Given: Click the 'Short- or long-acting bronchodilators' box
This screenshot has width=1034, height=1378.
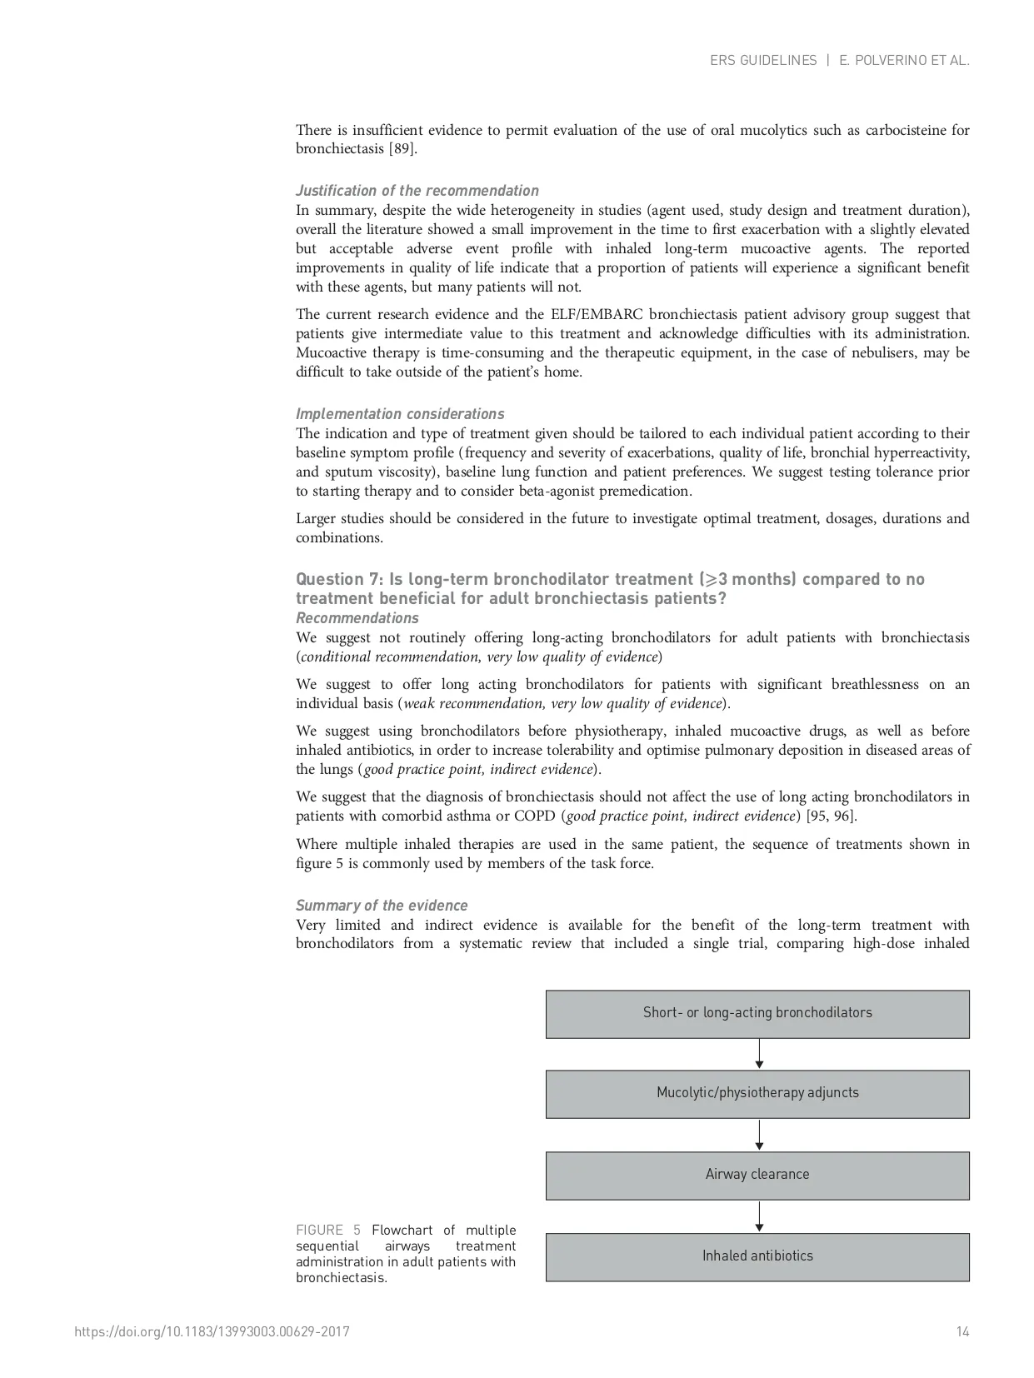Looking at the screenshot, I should pyautogui.click(x=757, y=1013).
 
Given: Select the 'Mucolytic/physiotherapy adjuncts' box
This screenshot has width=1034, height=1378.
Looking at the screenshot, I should pyautogui.click(x=757, y=1093).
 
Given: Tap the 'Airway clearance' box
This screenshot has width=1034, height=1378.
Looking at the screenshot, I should pyautogui.click(x=757, y=1175).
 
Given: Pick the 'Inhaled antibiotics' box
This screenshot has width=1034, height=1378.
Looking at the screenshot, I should pyautogui.click(x=757, y=1256).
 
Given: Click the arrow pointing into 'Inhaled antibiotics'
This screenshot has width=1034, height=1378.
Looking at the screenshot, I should pyautogui.click(x=759, y=1216).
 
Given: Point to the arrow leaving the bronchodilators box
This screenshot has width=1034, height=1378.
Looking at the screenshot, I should pyautogui.click(x=759, y=1054).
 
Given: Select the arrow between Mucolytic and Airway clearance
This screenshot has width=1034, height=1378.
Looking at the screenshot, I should pyautogui.click(x=759, y=1135).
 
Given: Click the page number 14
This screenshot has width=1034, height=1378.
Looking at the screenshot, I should pyautogui.click(x=962, y=1332).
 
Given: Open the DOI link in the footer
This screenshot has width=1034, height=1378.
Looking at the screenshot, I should pyautogui.click(x=212, y=1332).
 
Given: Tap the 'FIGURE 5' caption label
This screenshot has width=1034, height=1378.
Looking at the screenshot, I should pyautogui.click(x=327, y=1231).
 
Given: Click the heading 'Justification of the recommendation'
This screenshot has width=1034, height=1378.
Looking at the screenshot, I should pyautogui.click(x=417, y=191).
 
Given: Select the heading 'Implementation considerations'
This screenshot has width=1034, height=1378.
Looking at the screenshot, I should pyautogui.click(x=400, y=414).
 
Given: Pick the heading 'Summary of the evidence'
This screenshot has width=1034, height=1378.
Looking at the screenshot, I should pyautogui.click(x=382, y=906).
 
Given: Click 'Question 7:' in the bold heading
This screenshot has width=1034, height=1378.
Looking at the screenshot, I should pyautogui.click(x=339, y=580).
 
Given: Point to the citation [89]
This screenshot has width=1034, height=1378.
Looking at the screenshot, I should pyautogui.click(x=402, y=149).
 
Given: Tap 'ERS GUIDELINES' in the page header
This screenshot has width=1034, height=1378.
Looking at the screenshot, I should pyautogui.click(x=763, y=61).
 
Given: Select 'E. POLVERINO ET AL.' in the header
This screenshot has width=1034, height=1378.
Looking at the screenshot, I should pyautogui.click(x=904, y=61).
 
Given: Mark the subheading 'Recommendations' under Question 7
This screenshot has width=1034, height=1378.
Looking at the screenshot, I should pyautogui.click(x=357, y=618).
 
